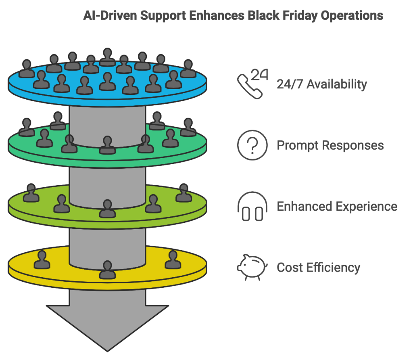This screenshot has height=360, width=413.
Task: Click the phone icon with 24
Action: (252, 84)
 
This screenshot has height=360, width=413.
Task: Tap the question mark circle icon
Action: (252, 145)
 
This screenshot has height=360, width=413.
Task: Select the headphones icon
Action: (252, 207)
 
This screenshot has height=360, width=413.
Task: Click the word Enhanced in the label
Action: (304, 207)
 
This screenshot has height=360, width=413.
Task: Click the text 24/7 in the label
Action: (287, 84)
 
